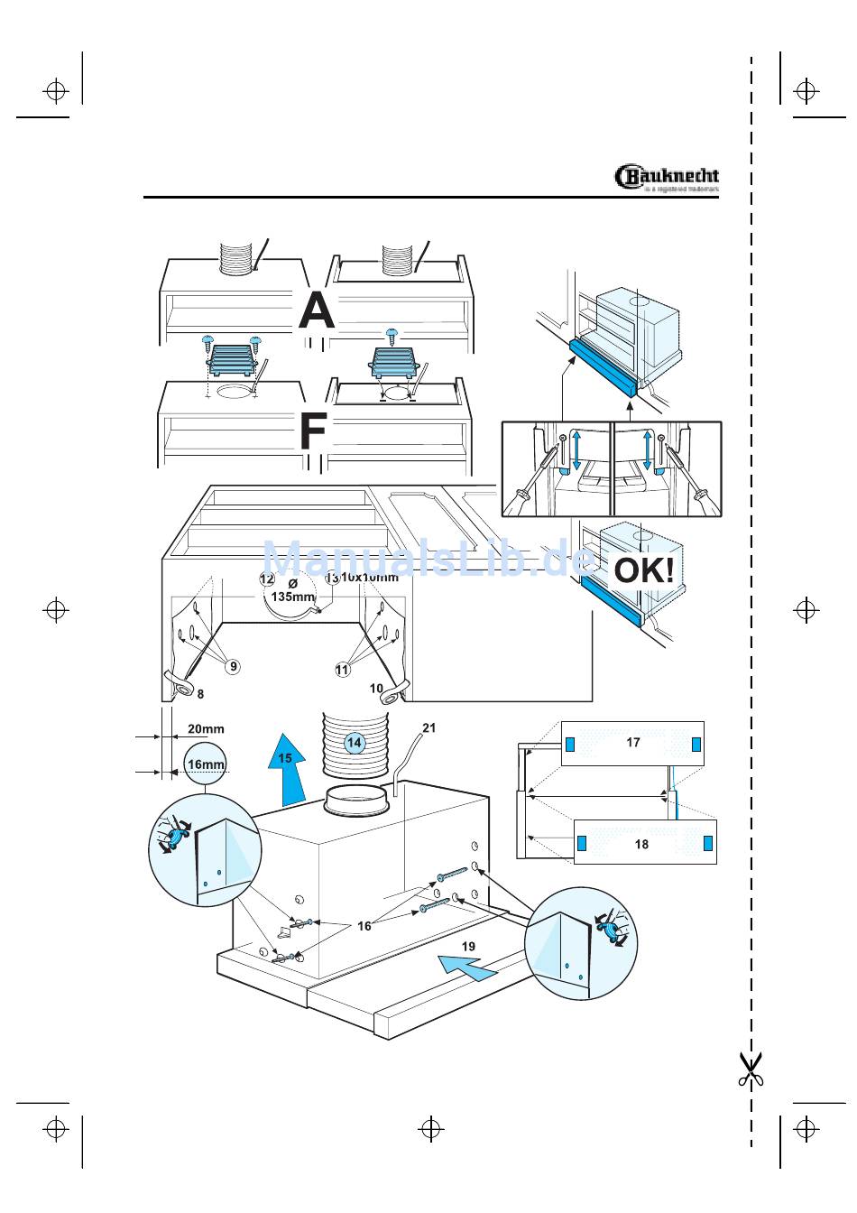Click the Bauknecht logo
point(667,177)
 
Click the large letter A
point(317,310)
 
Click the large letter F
point(312,431)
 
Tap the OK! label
point(643,570)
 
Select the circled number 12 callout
point(267,579)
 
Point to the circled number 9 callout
point(233,667)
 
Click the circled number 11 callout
point(342,670)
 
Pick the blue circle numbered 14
point(355,743)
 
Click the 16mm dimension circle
point(206,764)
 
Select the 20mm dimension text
point(206,729)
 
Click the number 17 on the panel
point(633,743)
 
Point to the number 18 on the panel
point(641,845)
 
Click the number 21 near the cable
point(429,727)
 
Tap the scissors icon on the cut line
point(751,1069)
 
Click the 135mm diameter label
point(292,597)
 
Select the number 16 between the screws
point(364,926)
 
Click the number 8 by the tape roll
point(200,694)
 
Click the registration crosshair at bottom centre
point(431,1128)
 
